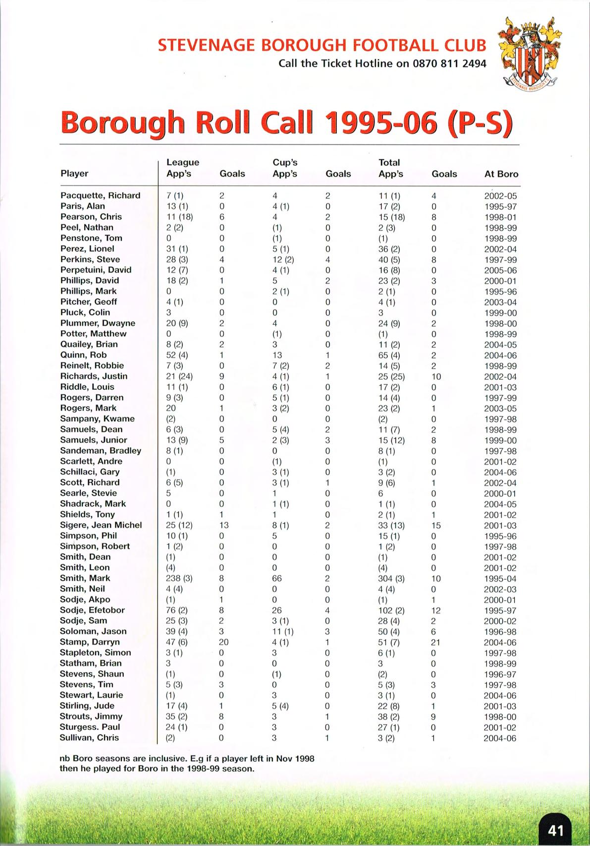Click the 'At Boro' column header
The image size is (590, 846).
tap(501, 174)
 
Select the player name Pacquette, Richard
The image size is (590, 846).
tap(100, 195)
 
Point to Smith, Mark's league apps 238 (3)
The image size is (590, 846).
tap(179, 578)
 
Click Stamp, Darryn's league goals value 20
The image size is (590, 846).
tap(224, 642)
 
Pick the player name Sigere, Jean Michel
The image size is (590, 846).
tap(101, 525)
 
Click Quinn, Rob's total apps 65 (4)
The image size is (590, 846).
tap(388, 356)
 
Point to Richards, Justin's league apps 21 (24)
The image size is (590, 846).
tap(179, 376)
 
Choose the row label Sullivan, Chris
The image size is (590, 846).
tap(89, 737)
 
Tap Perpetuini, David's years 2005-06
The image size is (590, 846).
tap(500, 270)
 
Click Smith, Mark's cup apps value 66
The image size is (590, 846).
tap(277, 578)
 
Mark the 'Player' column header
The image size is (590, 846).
tap(74, 174)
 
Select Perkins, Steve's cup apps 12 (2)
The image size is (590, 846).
tap(283, 259)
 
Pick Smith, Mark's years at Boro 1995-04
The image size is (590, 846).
tap(500, 579)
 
